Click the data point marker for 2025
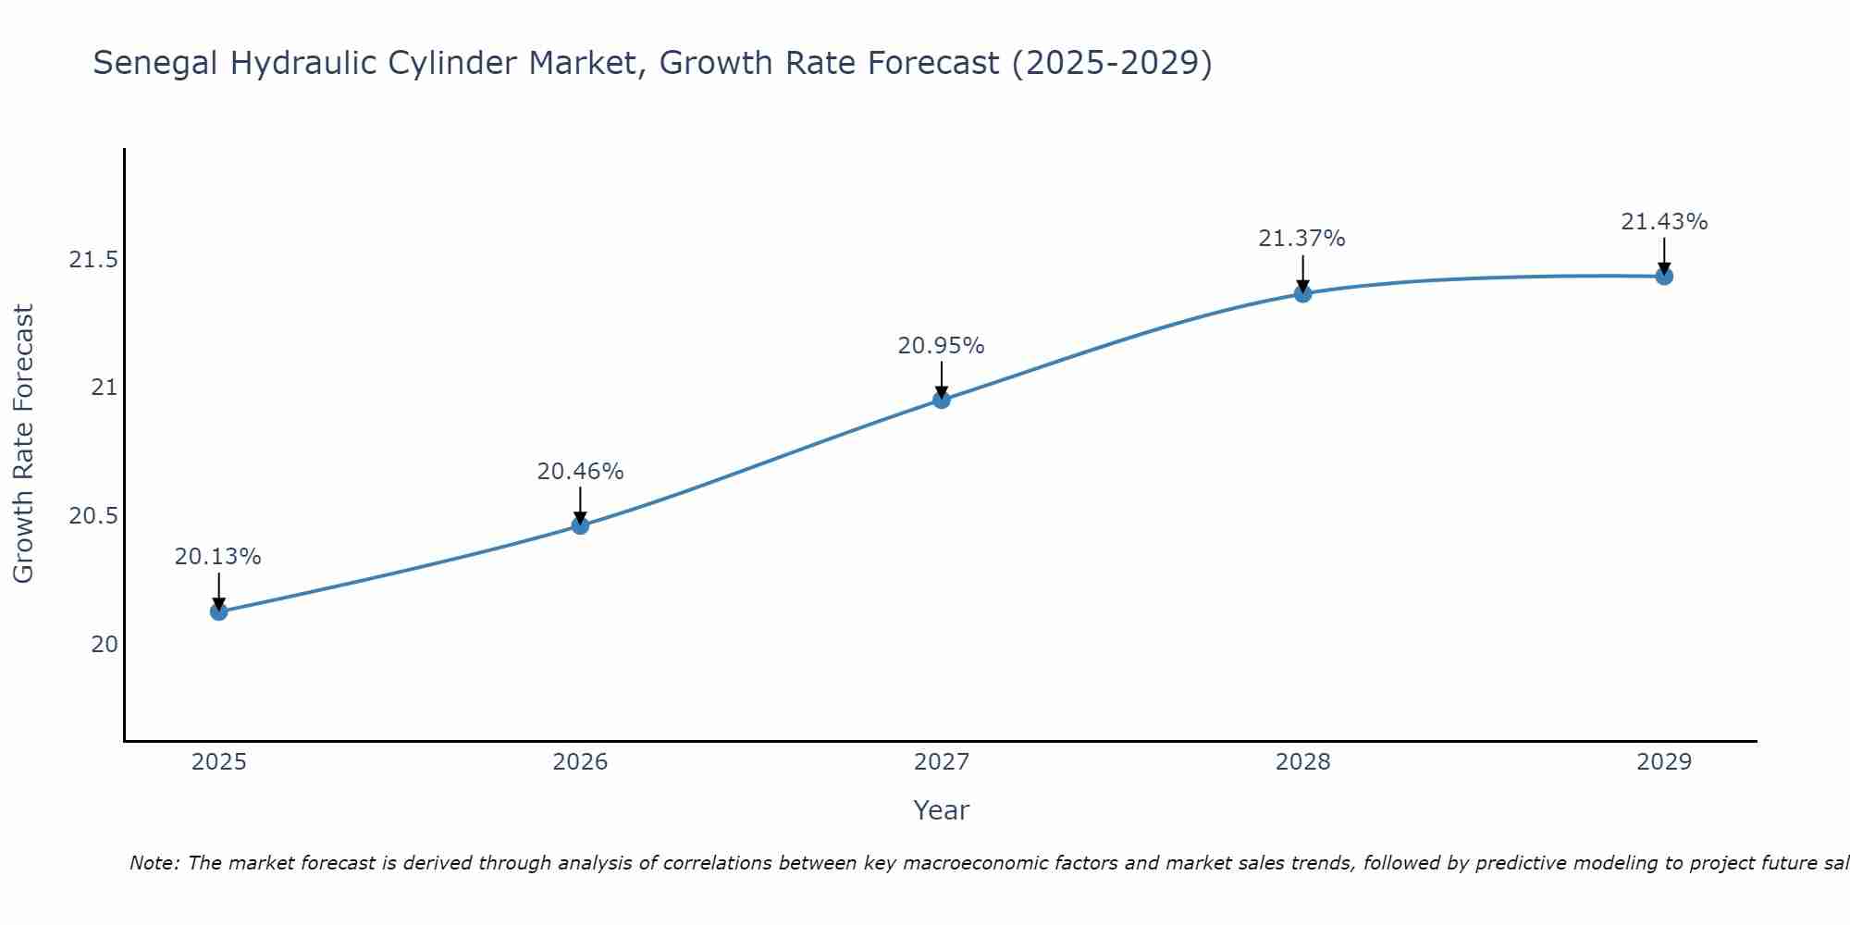[219, 611]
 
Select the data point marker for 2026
[580, 525]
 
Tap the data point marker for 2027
[942, 400]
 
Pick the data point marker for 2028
[1302, 293]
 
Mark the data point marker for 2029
[1664, 276]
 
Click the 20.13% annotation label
[218, 557]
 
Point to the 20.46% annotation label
[580, 472]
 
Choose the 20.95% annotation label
[941, 346]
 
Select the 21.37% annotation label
[1301, 239]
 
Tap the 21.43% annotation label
[1664, 222]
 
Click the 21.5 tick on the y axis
[93, 260]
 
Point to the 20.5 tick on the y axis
[93, 516]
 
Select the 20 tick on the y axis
[104, 644]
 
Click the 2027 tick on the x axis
[942, 762]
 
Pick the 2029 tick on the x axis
[1664, 762]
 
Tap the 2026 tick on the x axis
[580, 762]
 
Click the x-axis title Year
[941, 810]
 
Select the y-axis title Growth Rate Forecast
[24, 443]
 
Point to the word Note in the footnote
[154, 863]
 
